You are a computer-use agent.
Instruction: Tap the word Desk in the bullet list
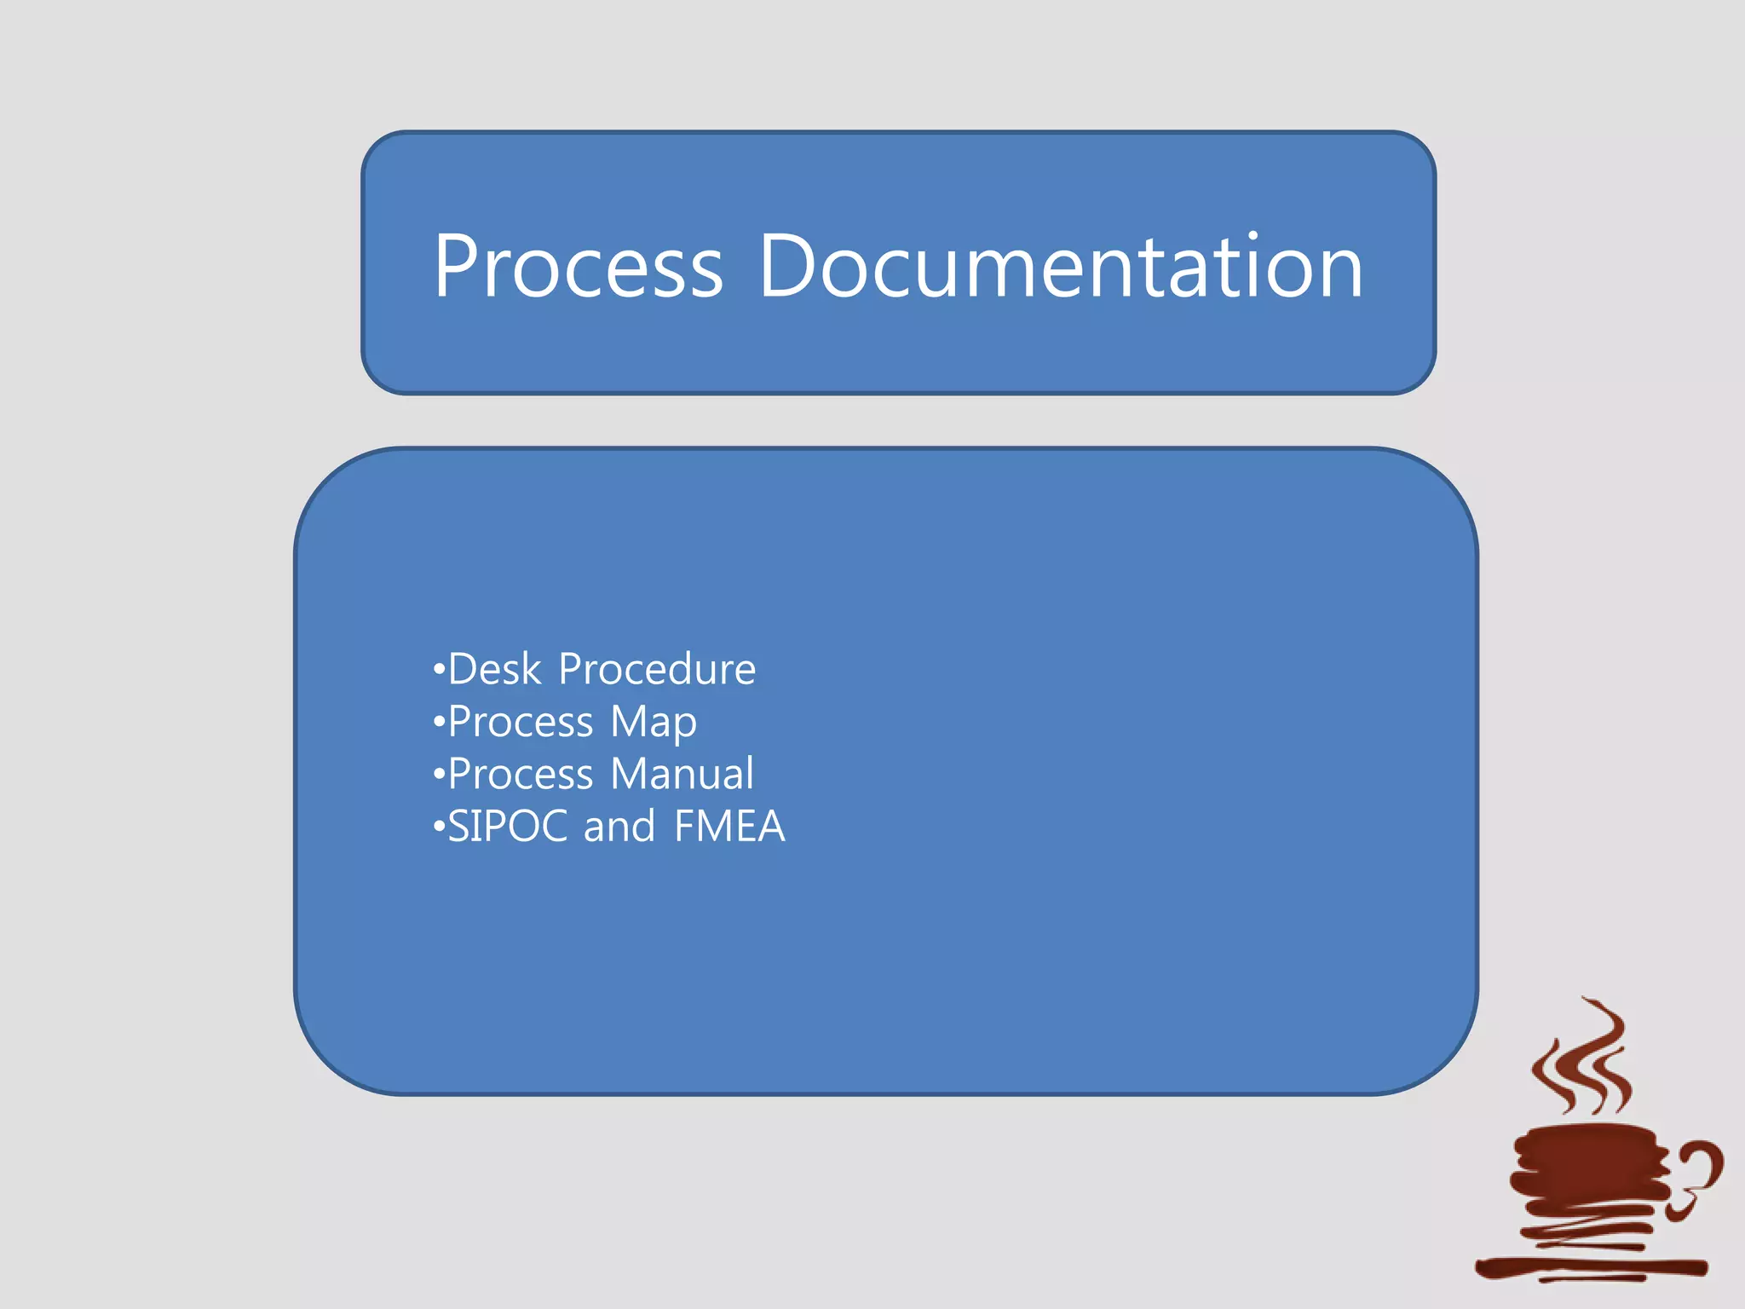tap(495, 669)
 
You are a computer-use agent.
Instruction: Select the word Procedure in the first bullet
tap(657, 669)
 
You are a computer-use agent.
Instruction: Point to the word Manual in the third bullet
tap(682, 774)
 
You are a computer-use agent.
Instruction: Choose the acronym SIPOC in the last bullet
tap(508, 827)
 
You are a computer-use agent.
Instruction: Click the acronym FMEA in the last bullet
tap(729, 827)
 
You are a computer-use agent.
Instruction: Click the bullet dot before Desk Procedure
tap(439, 670)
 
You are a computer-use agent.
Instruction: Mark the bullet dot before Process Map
tap(439, 723)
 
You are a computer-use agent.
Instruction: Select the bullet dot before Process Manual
tap(439, 775)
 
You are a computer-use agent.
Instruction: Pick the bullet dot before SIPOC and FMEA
tap(439, 827)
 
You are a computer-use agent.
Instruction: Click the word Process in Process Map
tap(521, 723)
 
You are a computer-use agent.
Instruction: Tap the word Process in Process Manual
tap(521, 775)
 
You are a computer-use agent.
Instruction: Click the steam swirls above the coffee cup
tap(1585, 1061)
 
